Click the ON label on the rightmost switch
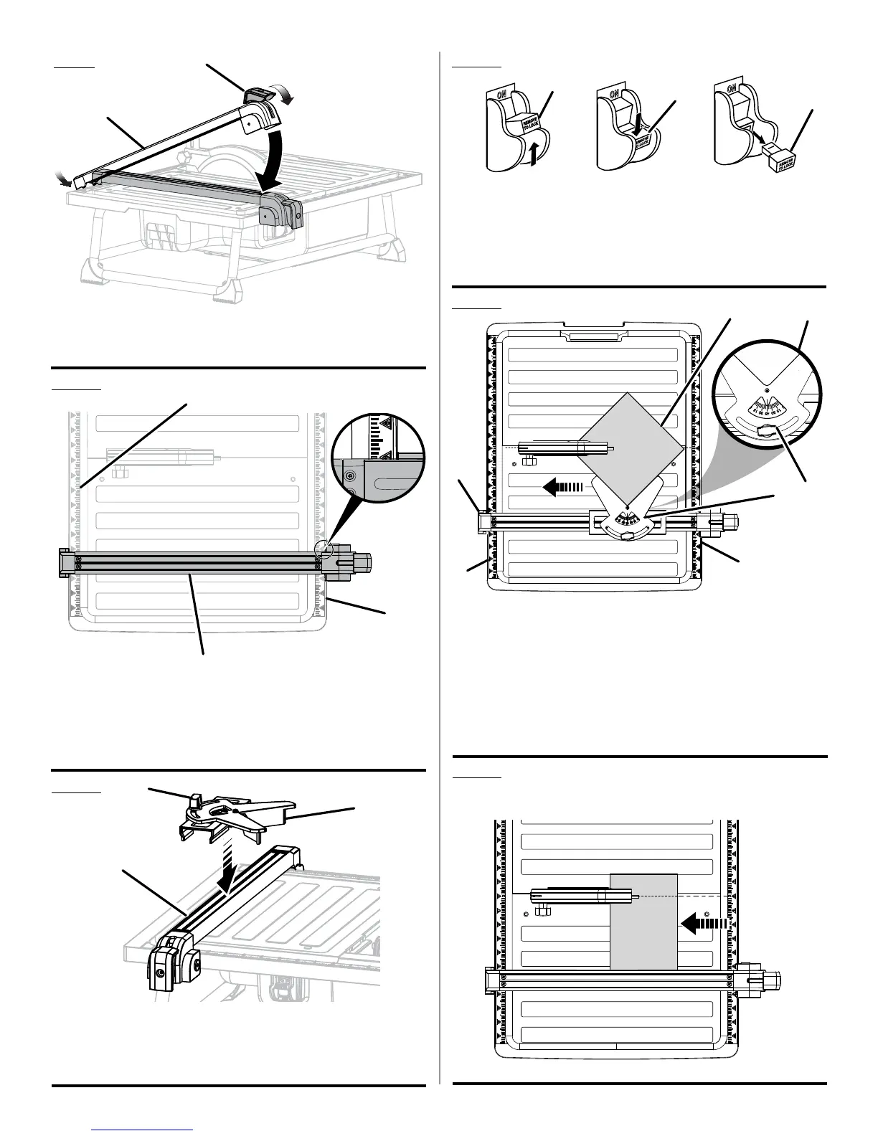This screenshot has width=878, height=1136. coord(732,89)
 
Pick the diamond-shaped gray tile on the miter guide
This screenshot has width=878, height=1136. coord(629,445)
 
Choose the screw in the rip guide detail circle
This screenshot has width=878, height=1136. coord(349,475)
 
